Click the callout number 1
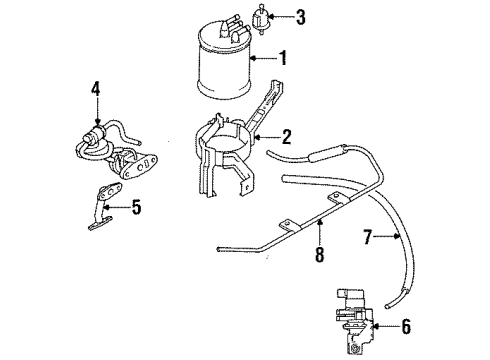pos(283,59)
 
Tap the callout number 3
pos(284,17)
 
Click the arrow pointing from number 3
pos(267,17)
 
